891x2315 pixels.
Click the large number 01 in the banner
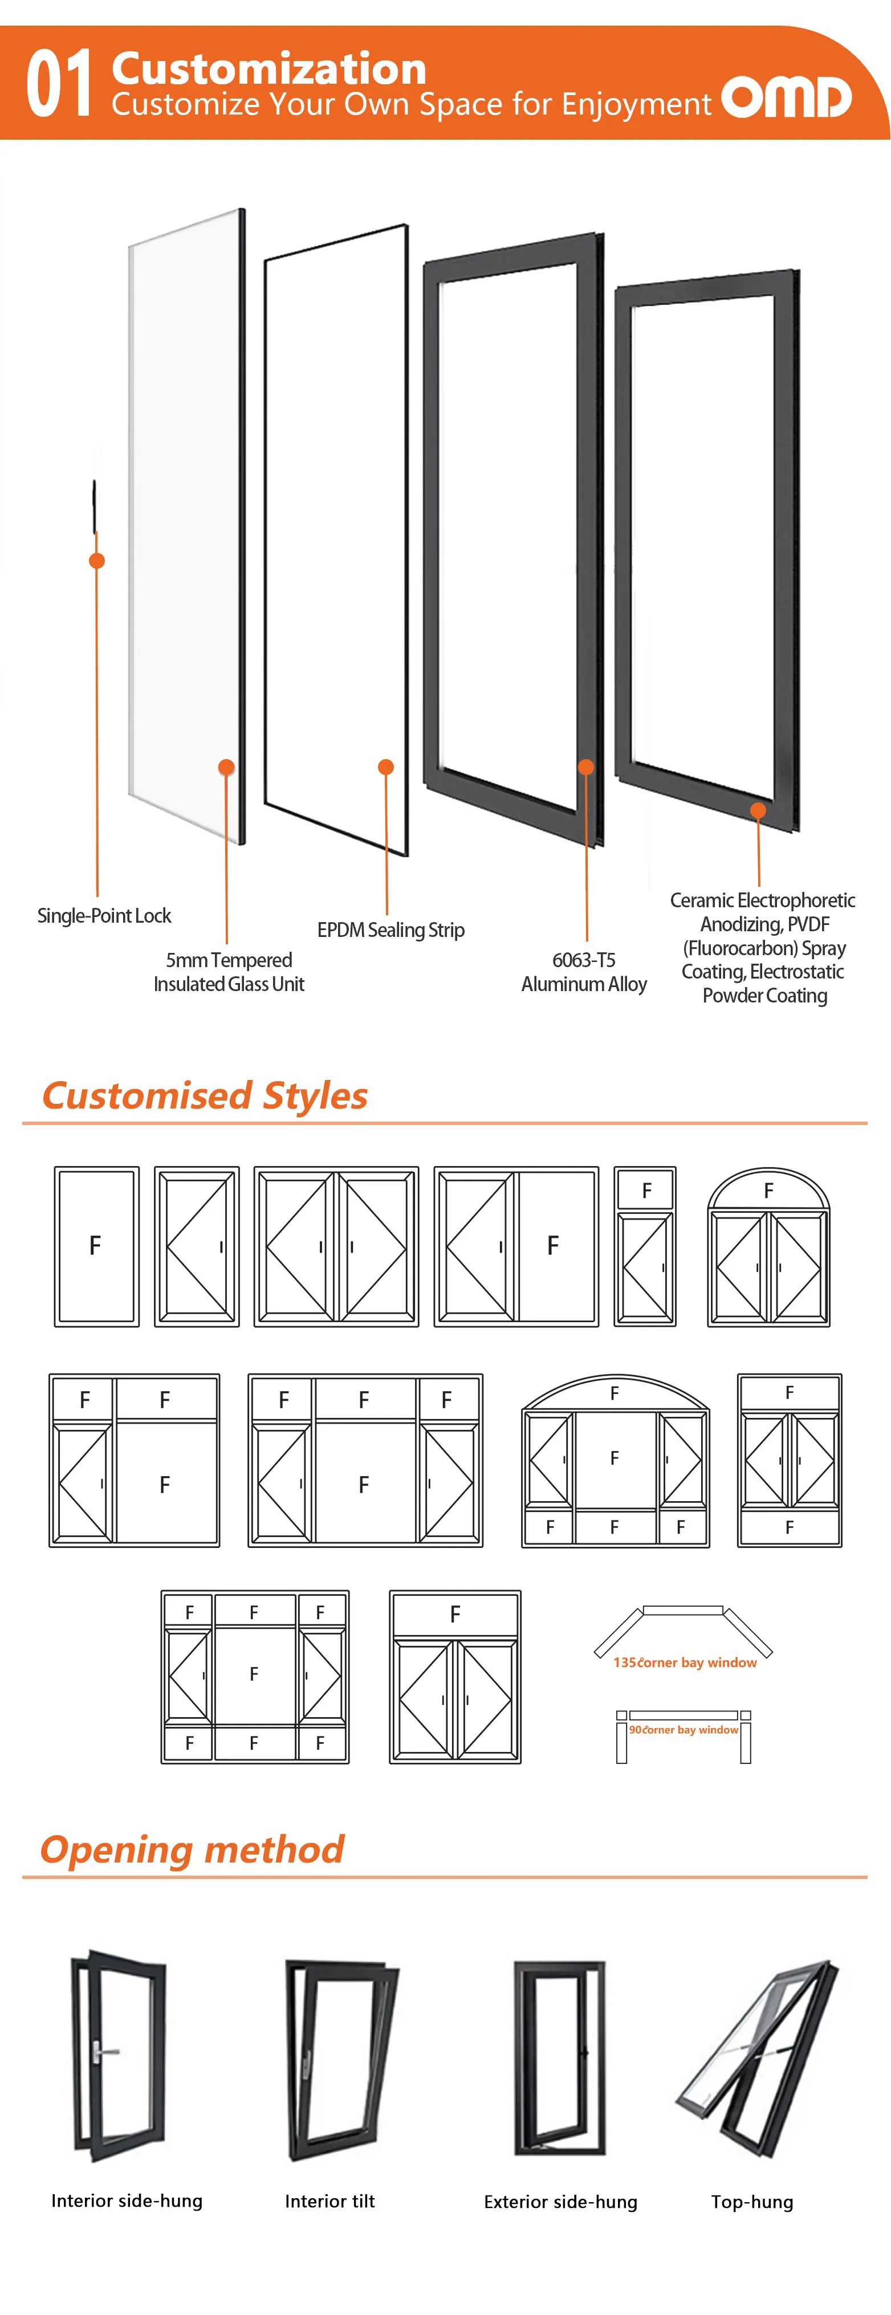59,84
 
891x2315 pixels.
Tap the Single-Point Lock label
104,916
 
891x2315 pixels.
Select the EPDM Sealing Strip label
390,930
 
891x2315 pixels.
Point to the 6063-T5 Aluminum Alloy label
584,972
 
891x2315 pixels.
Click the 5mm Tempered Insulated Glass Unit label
229,972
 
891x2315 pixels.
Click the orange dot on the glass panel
226,767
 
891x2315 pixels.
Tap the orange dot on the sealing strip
386,767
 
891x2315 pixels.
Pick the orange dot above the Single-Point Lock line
97,561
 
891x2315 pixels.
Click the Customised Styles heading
205,1095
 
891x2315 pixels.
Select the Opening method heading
193,1849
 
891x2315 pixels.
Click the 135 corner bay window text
685,1662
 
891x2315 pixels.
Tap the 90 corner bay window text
683,1729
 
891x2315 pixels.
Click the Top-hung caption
752,2202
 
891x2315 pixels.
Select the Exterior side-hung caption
560,2202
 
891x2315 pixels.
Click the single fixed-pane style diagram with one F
96,1246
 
